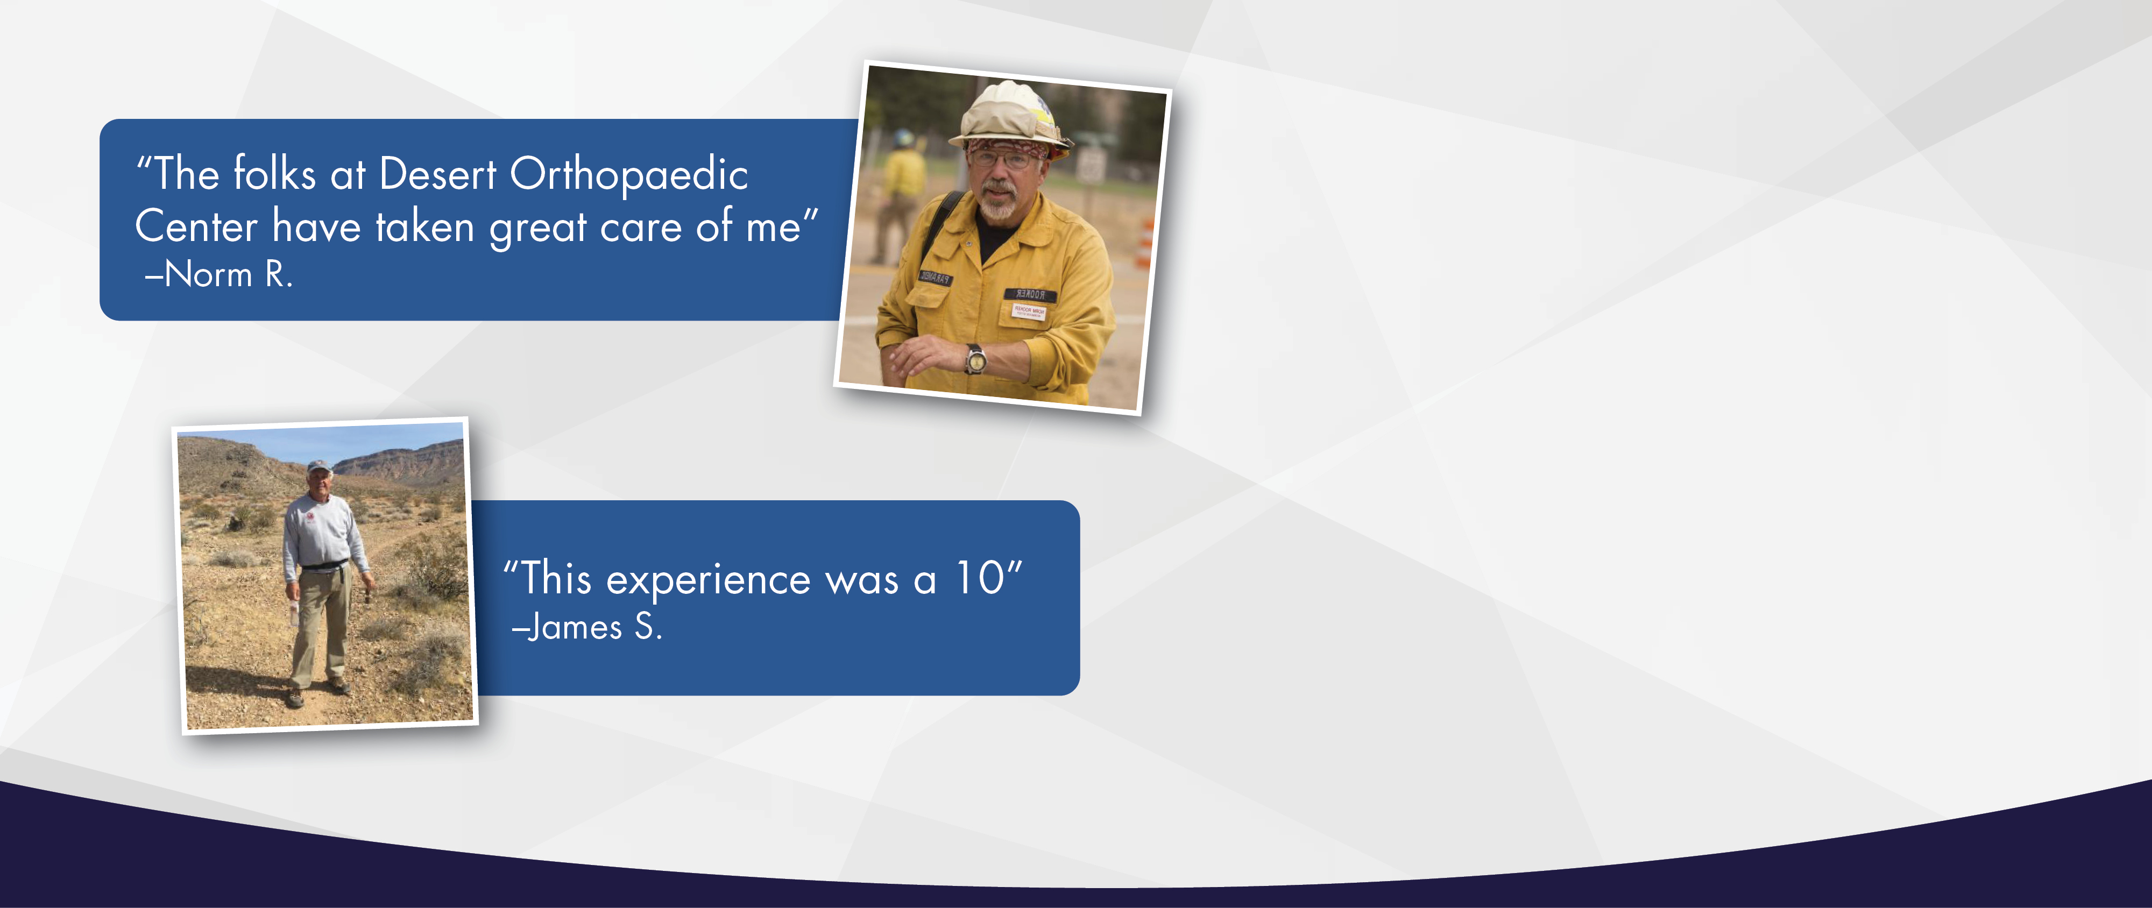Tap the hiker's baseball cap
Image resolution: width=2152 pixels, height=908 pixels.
click(x=318, y=467)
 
